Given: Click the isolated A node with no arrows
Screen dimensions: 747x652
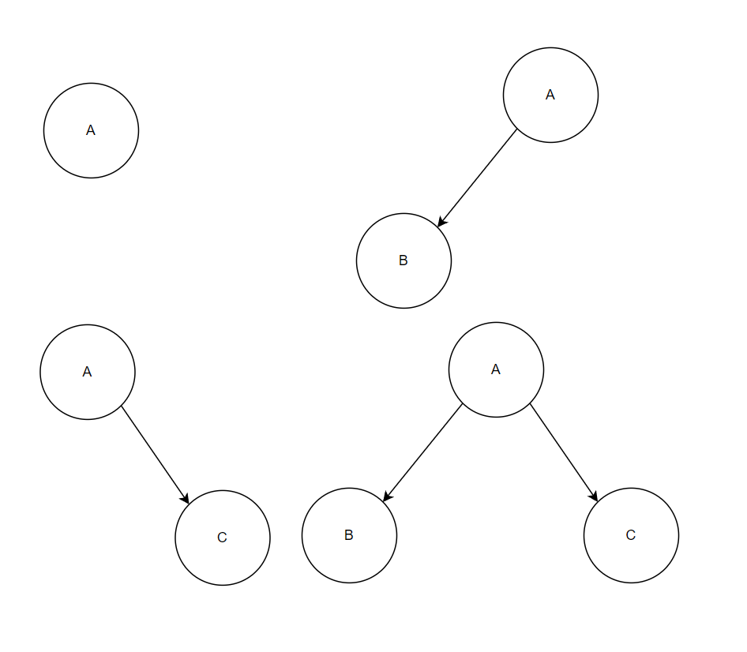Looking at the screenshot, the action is click(x=91, y=130).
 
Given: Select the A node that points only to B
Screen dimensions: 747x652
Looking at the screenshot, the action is click(x=550, y=95).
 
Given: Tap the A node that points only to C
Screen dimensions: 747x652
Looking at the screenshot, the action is click(x=88, y=372).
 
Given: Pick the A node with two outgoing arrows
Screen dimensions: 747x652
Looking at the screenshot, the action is click(x=496, y=369).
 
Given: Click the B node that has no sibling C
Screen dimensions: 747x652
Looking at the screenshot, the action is click(x=404, y=260).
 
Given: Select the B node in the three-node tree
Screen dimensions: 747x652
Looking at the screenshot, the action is click(x=349, y=535).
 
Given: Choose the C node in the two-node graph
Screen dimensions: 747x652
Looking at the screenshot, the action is click(x=223, y=538).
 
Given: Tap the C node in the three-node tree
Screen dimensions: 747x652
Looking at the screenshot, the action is click(x=631, y=535).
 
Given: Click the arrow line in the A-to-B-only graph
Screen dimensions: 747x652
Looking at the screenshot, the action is click(x=478, y=178).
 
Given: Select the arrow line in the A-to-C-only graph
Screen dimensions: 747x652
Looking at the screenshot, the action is click(x=155, y=455).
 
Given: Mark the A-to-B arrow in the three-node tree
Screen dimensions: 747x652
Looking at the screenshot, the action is click(x=422, y=452).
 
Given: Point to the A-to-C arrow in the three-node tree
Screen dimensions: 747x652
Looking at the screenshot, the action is click(x=563, y=452).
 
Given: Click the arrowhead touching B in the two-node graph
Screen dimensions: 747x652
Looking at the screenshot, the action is click(x=441, y=223).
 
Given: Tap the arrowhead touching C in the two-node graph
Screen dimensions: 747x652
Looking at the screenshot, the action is click(x=186, y=499).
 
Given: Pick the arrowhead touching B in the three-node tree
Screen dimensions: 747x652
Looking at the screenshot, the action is click(x=386, y=496).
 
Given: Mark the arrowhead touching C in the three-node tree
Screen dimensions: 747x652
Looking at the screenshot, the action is click(x=594, y=496).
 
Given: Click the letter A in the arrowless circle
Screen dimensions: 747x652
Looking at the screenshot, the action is click(x=91, y=130).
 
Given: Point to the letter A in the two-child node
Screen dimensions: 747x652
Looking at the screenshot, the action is click(x=496, y=369).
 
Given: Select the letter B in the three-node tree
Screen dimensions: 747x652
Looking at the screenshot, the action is click(x=349, y=535).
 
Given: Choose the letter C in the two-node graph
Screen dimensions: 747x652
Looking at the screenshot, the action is click(x=222, y=538).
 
